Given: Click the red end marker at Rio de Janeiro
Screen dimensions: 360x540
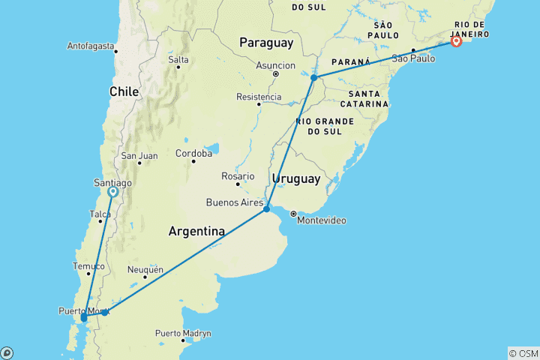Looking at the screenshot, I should tap(456, 42).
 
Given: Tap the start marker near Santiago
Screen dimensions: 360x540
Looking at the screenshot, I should tap(112, 192).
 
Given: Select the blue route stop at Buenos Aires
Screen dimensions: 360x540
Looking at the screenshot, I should tap(266, 209).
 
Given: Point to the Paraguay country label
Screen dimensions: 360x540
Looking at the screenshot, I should tap(265, 43).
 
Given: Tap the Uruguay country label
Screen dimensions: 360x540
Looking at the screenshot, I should tap(296, 179).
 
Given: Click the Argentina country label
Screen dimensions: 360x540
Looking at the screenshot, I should tap(196, 232).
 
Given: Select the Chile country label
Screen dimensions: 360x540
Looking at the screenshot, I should tap(124, 91).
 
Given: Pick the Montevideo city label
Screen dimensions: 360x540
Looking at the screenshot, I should tap(322, 220).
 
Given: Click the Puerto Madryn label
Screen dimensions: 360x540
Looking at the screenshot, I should tap(183, 333).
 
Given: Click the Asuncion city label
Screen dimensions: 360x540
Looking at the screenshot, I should tap(275, 65).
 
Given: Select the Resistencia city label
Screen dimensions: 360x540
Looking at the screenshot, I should tap(259, 97).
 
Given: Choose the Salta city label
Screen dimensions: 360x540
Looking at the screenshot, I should tap(178, 59).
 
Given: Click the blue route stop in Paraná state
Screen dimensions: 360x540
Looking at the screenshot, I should tap(313, 77).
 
